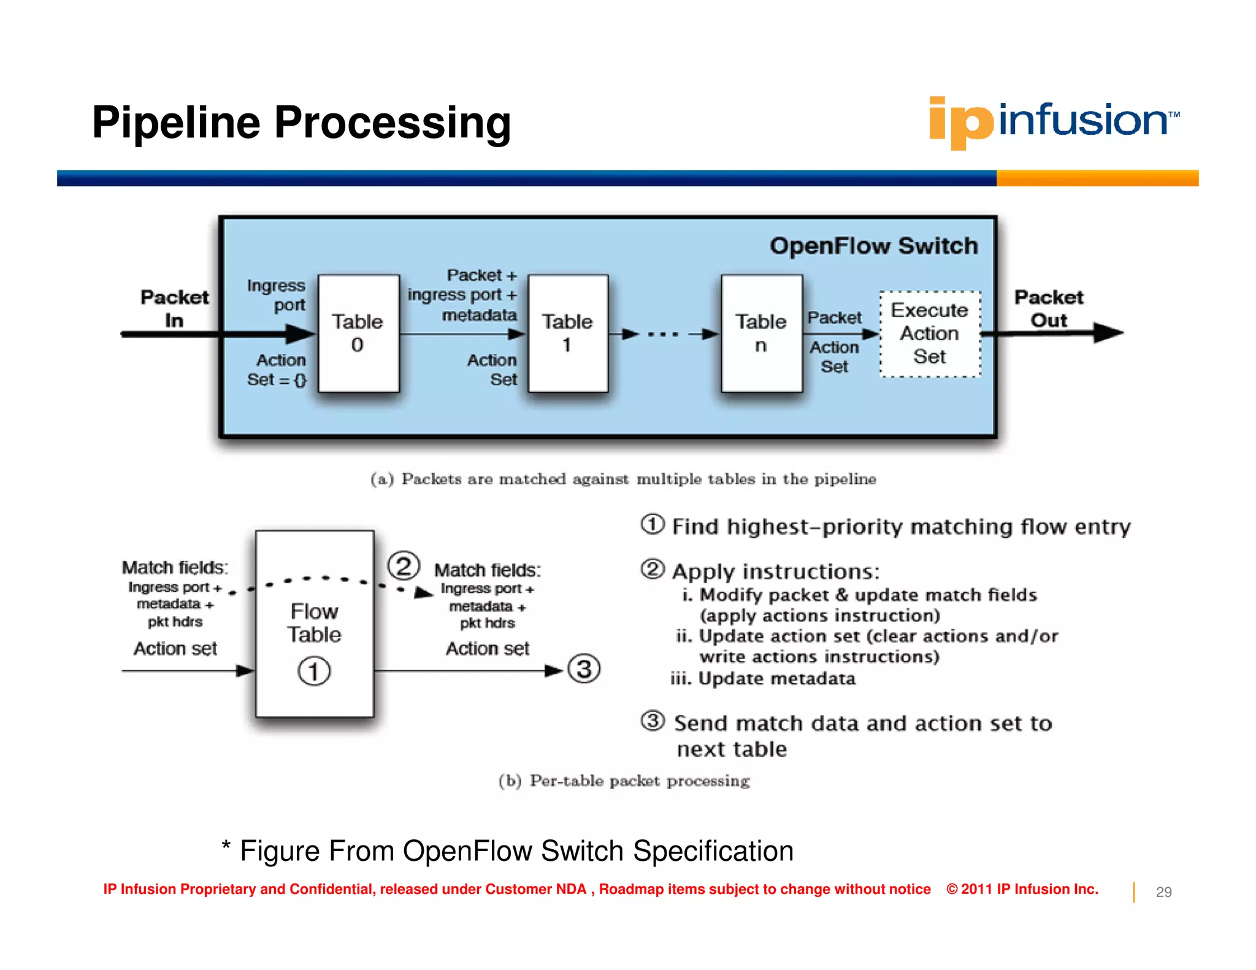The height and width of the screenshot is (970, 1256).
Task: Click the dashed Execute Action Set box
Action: coord(930,334)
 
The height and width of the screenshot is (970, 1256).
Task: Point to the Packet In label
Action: coord(174,308)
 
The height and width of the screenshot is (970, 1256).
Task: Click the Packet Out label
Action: coord(1049,308)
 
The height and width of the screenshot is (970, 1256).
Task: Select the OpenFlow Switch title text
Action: coord(873,246)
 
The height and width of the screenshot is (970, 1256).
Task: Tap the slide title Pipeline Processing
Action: coord(301,123)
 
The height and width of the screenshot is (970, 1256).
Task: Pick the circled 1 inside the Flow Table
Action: coord(314,671)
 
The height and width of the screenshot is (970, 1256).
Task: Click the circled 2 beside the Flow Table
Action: coord(404,566)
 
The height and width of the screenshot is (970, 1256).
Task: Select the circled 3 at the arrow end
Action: coord(584,669)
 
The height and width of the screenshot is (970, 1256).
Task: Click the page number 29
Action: coord(1163,892)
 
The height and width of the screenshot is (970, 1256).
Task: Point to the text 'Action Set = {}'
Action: coord(277,370)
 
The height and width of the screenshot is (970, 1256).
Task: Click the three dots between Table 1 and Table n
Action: coord(663,334)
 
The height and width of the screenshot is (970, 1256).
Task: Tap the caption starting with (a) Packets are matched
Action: coord(623,479)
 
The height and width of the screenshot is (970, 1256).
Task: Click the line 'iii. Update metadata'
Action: coord(763,679)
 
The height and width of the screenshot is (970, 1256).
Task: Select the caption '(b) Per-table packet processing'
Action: coord(624,781)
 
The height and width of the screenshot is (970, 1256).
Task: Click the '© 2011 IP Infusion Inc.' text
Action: coord(1022,889)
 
